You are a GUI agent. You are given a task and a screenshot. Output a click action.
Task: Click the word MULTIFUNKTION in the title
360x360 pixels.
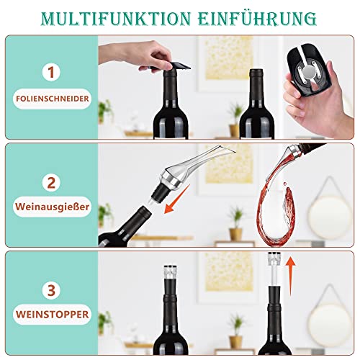tap(118, 17)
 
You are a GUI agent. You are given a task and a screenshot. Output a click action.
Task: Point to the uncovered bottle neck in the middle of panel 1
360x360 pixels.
tap(255, 86)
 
